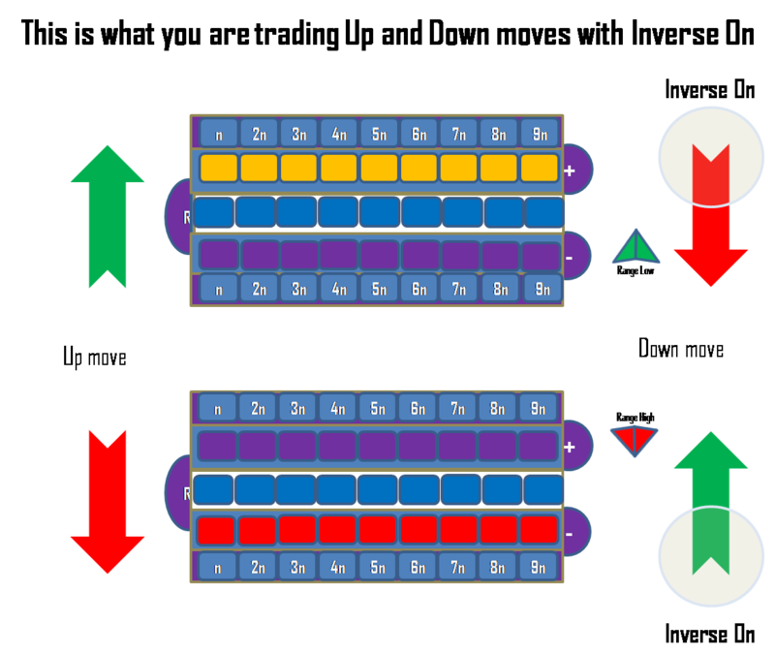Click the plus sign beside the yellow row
point(570,171)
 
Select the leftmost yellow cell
point(218,168)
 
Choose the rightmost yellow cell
point(539,168)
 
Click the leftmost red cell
point(216,530)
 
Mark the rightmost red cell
point(539,530)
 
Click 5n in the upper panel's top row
point(378,133)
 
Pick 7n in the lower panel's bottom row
point(458,565)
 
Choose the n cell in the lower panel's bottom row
point(218,565)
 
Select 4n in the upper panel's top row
point(338,133)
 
